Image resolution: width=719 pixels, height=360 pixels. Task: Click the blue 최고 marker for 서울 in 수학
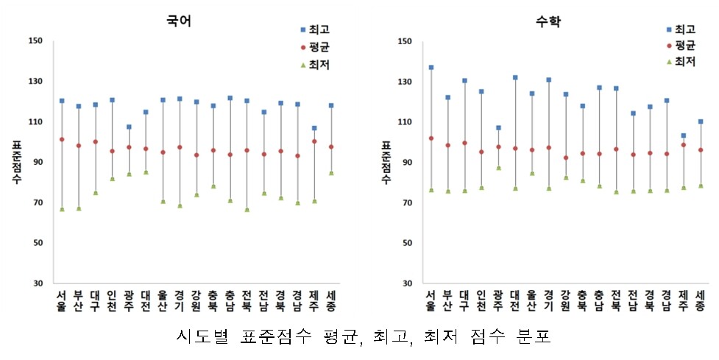tap(431, 68)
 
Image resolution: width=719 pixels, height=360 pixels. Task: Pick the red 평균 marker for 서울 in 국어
tap(62, 139)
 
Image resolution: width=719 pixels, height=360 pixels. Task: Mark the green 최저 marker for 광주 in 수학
tap(498, 168)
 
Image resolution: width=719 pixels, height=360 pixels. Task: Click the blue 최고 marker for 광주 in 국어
tap(129, 127)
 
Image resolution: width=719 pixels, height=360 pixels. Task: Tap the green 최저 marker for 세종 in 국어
tap(330, 174)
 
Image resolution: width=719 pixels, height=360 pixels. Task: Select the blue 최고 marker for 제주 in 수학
tap(683, 135)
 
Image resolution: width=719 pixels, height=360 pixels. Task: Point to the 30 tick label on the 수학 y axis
tap(405, 283)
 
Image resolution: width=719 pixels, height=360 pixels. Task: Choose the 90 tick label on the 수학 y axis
tap(405, 163)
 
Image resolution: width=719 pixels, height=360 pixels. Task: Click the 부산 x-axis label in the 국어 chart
tap(78, 302)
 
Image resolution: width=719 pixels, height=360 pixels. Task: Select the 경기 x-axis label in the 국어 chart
tap(180, 302)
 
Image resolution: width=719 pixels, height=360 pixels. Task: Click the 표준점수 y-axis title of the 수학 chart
tap(385, 163)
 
